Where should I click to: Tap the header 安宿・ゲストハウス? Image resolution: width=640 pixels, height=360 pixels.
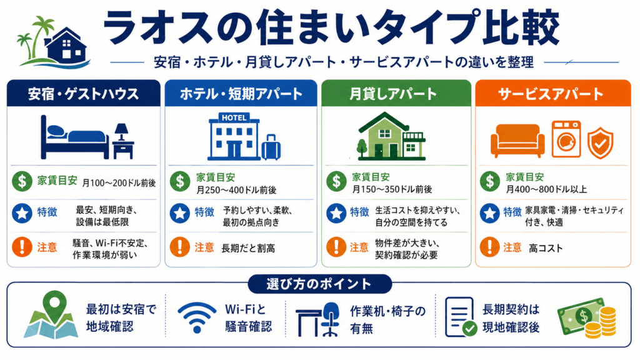[83, 94]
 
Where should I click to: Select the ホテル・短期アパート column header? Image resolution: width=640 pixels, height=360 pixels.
[241, 94]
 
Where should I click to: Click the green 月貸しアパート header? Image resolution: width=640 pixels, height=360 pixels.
[396, 94]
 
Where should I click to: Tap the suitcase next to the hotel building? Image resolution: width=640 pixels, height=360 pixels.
[271, 147]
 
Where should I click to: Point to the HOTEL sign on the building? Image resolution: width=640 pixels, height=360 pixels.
[234, 117]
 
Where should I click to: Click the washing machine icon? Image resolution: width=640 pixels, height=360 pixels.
[566, 139]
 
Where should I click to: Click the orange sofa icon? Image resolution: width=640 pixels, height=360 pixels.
[517, 141]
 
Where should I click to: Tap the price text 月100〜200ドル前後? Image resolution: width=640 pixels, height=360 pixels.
[119, 183]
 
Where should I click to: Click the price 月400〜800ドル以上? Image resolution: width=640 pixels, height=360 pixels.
[546, 189]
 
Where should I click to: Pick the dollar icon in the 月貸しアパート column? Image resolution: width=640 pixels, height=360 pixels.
[336, 181]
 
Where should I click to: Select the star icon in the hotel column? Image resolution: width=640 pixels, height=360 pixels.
[179, 213]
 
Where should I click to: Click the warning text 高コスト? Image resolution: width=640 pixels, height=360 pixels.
[546, 248]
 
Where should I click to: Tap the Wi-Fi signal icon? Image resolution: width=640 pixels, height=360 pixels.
[197, 317]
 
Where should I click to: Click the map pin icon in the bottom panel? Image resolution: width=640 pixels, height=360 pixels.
[54, 305]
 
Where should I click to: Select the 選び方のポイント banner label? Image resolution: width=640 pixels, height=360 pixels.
[319, 284]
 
